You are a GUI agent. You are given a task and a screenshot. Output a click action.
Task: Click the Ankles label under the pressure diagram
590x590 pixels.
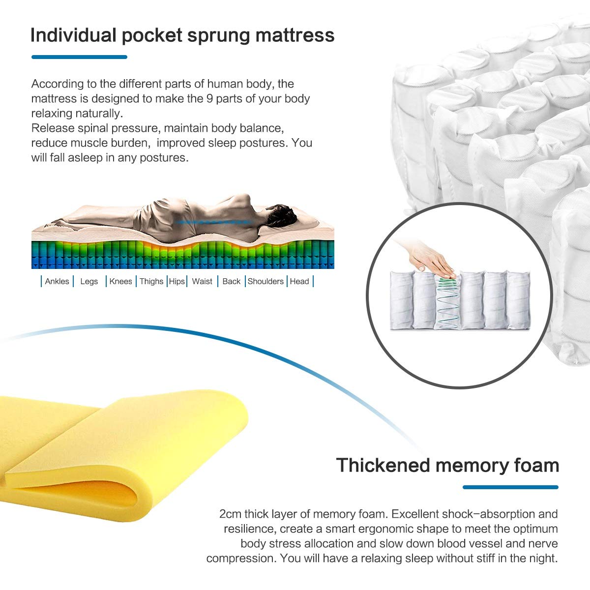tap(57, 281)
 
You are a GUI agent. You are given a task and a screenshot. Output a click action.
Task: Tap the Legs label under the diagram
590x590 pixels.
tap(89, 281)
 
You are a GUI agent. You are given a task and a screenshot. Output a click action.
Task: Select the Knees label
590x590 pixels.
tap(120, 281)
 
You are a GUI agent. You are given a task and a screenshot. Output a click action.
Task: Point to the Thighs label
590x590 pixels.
tap(151, 281)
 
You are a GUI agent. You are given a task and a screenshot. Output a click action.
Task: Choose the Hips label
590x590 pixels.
tap(177, 281)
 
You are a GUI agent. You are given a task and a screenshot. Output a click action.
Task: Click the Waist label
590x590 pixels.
tap(202, 281)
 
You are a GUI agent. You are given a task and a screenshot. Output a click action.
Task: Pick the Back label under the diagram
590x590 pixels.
tap(232, 281)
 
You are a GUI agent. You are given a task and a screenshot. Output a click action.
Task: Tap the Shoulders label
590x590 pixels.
tap(265, 281)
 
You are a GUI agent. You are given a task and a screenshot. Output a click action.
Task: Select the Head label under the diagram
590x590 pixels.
tap(299, 281)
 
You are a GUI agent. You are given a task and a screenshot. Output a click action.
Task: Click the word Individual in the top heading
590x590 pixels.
tap(73, 35)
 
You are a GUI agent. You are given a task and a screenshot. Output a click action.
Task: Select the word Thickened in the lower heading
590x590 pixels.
tap(383, 466)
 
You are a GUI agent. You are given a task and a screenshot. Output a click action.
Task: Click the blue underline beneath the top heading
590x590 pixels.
tap(79, 57)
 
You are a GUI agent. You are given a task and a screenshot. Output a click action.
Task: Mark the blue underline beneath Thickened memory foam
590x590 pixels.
tap(510, 487)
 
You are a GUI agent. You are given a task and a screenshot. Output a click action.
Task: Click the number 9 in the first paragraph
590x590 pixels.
tap(209, 99)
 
